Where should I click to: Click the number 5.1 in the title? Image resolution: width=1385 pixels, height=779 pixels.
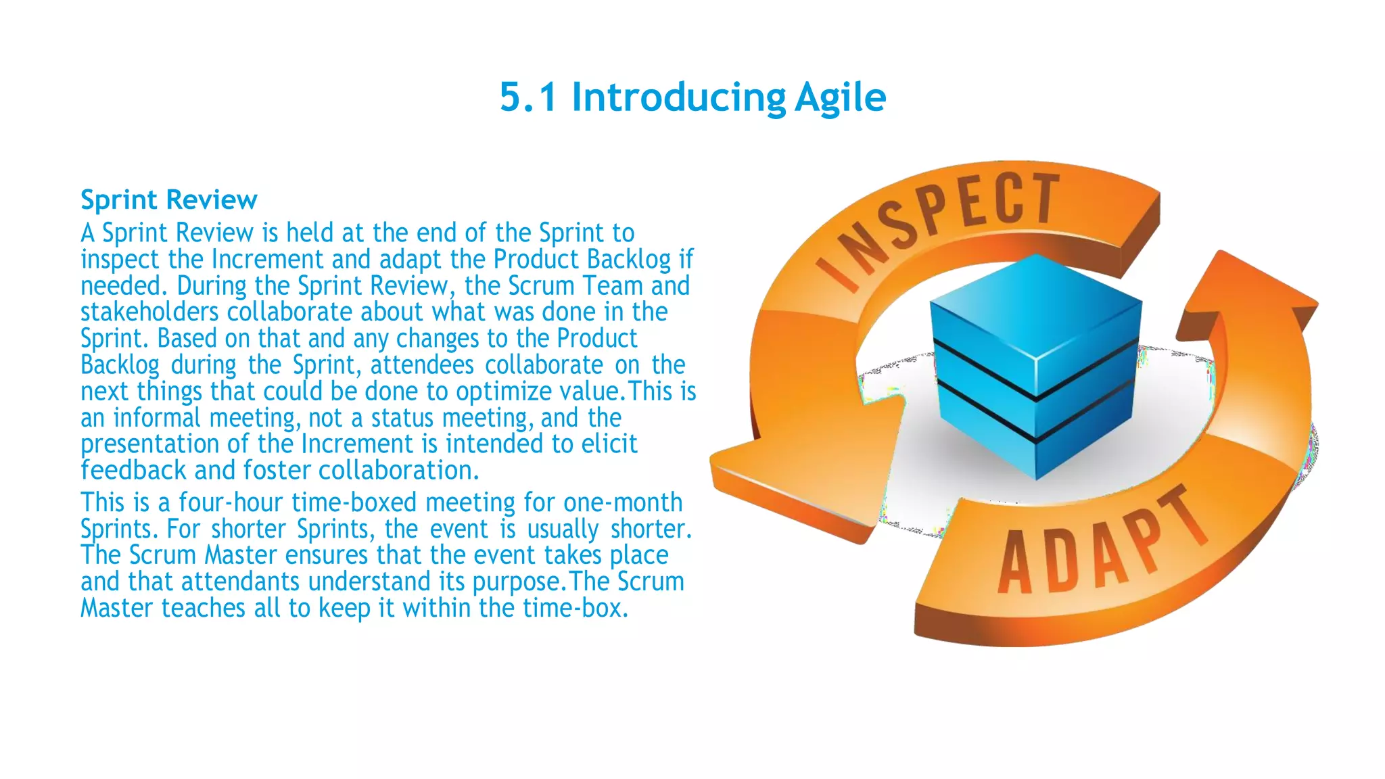[x=529, y=97]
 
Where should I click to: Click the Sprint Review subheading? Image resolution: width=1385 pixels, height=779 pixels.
[x=168, y=200]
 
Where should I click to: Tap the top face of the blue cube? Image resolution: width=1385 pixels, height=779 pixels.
[x=1036, y=304]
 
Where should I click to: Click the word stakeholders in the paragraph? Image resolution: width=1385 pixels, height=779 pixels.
[x=149, y=312]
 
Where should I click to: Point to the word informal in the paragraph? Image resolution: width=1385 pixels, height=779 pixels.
[x=157, y=418]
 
